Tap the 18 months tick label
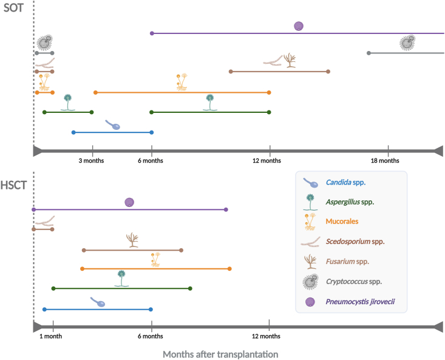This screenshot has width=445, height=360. click(385, 161)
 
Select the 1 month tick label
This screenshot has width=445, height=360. click(50, 336)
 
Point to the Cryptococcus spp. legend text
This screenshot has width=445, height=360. click(356, 281)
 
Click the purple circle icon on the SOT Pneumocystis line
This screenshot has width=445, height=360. click(298, 25)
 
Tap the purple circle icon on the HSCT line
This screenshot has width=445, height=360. click(129, 203)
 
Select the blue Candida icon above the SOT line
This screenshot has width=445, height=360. click(112, 125)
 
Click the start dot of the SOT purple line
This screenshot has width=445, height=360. click(152, 33)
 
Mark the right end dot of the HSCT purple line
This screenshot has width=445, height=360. click(226, 209)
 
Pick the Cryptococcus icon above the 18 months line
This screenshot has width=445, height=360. click(407, 42)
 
